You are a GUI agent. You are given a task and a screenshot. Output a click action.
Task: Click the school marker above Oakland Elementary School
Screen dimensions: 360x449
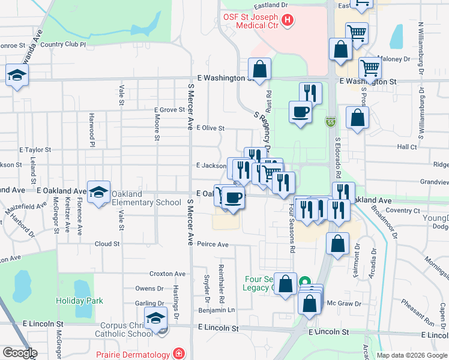98,192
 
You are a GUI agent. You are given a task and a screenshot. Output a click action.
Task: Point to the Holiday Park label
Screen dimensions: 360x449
79,301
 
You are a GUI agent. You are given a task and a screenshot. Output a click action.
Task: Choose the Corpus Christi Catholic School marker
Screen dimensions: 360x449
156,318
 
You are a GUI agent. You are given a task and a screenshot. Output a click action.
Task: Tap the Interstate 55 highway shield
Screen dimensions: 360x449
331,122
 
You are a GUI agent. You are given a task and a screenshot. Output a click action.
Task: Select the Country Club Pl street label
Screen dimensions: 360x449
63,44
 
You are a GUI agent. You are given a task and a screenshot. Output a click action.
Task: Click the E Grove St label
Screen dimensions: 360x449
169,110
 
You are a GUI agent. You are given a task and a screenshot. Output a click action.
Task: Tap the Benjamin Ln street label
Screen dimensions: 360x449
217,310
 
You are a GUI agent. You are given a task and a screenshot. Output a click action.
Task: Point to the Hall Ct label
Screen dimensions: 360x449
406,146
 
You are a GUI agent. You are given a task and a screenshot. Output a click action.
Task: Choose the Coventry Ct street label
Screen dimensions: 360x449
403,211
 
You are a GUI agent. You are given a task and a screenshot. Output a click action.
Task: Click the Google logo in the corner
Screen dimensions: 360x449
20,353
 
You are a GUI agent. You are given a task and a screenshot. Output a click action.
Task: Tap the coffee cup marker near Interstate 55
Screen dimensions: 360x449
300,111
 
